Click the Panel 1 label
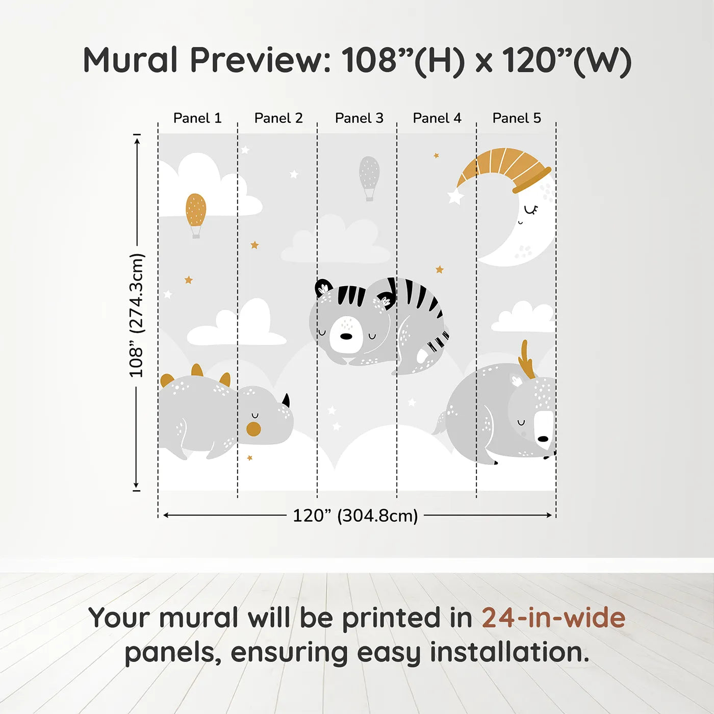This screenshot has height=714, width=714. [197, 118]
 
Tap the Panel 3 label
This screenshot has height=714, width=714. [359, 118]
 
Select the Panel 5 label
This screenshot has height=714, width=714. [517, 118]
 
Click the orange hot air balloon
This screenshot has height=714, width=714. [196, 210]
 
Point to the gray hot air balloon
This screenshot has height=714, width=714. [369, 174]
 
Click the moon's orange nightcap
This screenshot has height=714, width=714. [502, 166]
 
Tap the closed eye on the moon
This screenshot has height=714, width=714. [531, 210]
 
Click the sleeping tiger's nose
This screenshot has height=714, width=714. [346, 337]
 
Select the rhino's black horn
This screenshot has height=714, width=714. [286, 400]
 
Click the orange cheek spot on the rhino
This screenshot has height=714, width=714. [253, 429]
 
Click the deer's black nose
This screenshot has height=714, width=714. [543, 439]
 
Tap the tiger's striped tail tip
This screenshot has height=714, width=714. [440, 341]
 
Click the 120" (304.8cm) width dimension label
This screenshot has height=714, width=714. [355, 516]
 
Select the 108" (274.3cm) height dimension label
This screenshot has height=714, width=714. [137, 315]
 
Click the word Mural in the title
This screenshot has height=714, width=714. [131, 60]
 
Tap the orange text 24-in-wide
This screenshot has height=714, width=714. [553, 618]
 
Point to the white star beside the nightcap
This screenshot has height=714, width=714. [455, 196]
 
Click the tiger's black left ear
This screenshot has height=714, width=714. [323, 288]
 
